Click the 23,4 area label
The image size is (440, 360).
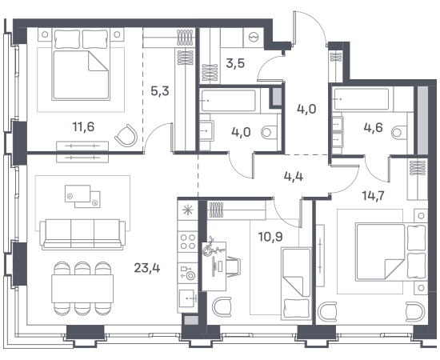[147, 268]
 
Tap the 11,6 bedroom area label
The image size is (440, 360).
[83, 127]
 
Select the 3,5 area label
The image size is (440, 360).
[235, 64]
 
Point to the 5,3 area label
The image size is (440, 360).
[160, 91]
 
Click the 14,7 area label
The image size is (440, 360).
[374, 195]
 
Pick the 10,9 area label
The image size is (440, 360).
[270, 237]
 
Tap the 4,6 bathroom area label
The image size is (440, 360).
[374, 128]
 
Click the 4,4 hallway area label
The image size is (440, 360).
[294, 177]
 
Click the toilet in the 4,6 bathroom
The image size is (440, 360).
[399, 132]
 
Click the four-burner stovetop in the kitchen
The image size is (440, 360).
[188, 242]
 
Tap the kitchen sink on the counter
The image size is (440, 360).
[187, 298]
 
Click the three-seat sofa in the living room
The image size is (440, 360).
[82, 234]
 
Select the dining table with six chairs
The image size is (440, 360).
[82, 289]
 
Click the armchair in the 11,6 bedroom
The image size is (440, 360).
[126, 135]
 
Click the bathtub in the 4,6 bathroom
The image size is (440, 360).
[362, 98]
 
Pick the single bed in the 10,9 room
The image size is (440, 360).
[296, 283]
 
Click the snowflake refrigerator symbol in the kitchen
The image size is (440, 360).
[187, 210]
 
